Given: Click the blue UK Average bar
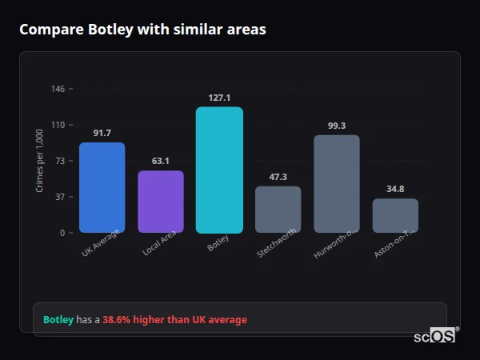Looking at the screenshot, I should coord(102,187).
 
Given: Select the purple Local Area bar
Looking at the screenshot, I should coord(161,202).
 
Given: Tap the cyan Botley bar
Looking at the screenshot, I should coord(219,170).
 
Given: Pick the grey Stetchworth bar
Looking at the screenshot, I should coord(278,210).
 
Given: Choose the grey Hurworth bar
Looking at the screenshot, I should coord(337,184).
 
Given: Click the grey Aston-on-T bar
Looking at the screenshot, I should coord(395,215).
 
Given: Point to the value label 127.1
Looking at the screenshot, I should coord(219,98).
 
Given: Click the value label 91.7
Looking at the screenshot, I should coord(102,133).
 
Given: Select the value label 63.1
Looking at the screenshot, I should coord(161,161).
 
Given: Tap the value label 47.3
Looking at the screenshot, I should coord(278,177).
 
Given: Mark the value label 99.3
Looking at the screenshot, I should coord(337,126).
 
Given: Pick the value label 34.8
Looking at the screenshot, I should coord(395,189).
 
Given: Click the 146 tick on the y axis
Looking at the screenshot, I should coord(58,89).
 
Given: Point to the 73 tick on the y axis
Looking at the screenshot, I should coord(59,161).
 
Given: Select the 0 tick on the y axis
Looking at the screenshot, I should coord(62,233).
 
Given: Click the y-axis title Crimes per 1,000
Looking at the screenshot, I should coord(40,160).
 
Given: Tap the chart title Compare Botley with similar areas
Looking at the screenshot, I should coord(142,30).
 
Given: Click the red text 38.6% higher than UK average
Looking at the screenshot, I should coord(174,320).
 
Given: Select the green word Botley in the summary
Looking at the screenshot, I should coord(58,320).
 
